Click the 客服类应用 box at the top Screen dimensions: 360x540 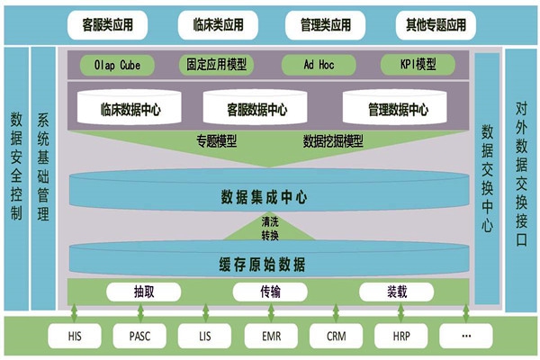[107, 24]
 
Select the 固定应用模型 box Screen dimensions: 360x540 [217, 65]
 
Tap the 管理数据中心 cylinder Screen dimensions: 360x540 [398, 109]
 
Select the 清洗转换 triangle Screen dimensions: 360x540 [270, 229]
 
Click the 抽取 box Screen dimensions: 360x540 [143, 292]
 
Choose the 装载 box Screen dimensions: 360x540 [396, 292]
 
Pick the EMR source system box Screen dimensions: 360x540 [270, 336]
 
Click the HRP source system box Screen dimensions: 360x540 [400, 336]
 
